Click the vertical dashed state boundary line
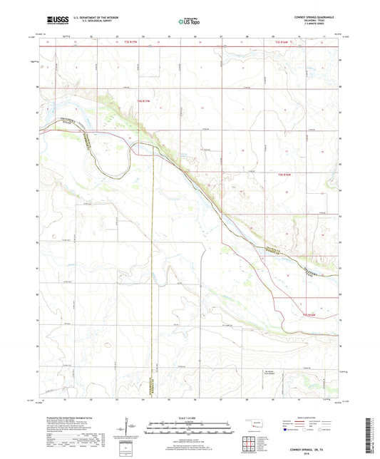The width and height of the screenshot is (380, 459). tap(152, 285)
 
